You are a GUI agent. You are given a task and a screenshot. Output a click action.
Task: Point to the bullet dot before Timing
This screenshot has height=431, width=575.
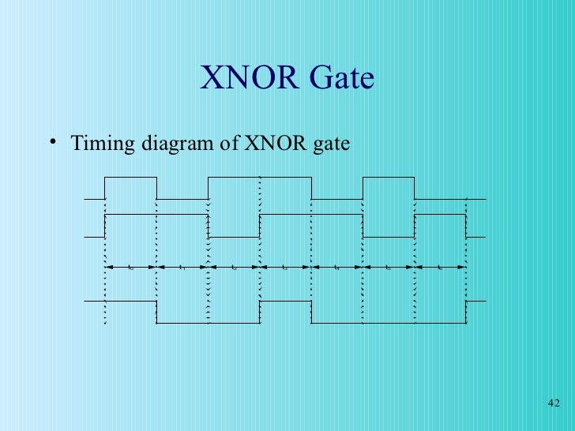[x=52, y=141]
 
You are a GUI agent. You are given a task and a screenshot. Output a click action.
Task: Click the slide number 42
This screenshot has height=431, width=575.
[x=553, y=404]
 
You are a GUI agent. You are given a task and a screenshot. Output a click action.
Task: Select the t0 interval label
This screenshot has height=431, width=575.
[x=130, y=268]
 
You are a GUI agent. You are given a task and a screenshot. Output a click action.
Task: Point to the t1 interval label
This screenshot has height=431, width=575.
[x=182, y=268]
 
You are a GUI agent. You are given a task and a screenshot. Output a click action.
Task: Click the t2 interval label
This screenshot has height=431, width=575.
[x=235, y=268]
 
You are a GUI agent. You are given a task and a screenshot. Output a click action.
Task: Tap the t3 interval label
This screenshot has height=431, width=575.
[x=285, y=268]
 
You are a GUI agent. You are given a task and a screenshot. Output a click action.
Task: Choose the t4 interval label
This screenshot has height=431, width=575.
[x=337, y=268]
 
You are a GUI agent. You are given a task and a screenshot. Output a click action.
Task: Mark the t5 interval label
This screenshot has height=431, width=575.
[x=389, y=268]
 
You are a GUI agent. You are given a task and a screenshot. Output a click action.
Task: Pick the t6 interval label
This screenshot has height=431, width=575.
[x=440, y=268]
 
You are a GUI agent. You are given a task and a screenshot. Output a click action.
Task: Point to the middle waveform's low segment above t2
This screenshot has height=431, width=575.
[x=234, y=236]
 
